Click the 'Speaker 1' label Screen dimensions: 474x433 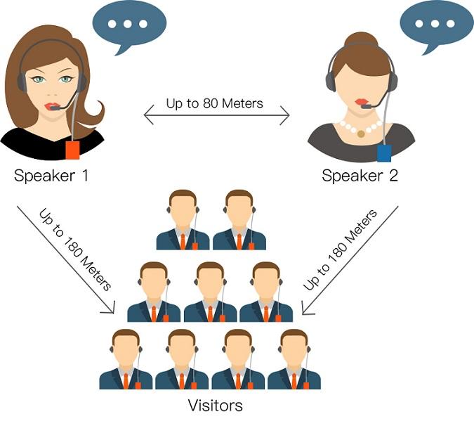[51, 175]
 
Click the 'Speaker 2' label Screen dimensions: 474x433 [360, 175]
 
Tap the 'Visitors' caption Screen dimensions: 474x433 [216, 406]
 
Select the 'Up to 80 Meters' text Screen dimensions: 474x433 [215, 103]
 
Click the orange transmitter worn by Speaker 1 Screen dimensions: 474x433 [72, 150]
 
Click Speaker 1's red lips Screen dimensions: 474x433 [52, 106]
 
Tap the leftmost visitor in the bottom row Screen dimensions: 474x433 [126, 359]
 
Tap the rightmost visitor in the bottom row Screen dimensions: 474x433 [294, 359]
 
